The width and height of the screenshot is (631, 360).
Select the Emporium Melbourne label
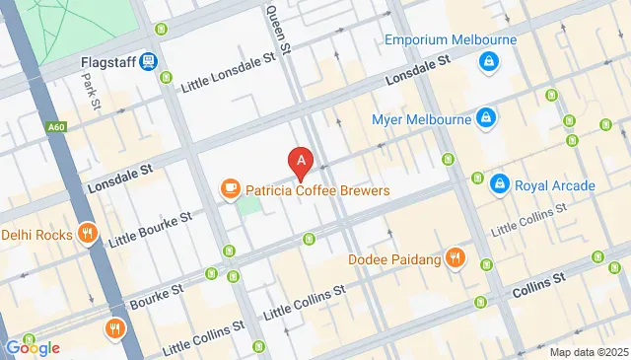click(451, 40)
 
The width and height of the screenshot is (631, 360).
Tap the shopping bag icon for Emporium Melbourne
click(487, 63)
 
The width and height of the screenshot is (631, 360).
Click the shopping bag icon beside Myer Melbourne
click(485, 119)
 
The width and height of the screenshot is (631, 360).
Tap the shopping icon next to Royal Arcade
click(501, 184)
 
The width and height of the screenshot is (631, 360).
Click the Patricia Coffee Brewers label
click(317, 190)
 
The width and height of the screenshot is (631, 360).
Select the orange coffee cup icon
click(230, 187)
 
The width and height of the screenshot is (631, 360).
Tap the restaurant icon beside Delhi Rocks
click(88, 235)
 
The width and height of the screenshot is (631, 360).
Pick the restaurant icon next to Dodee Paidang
click(455, 258)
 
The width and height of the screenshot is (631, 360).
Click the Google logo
click(32, 347)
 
